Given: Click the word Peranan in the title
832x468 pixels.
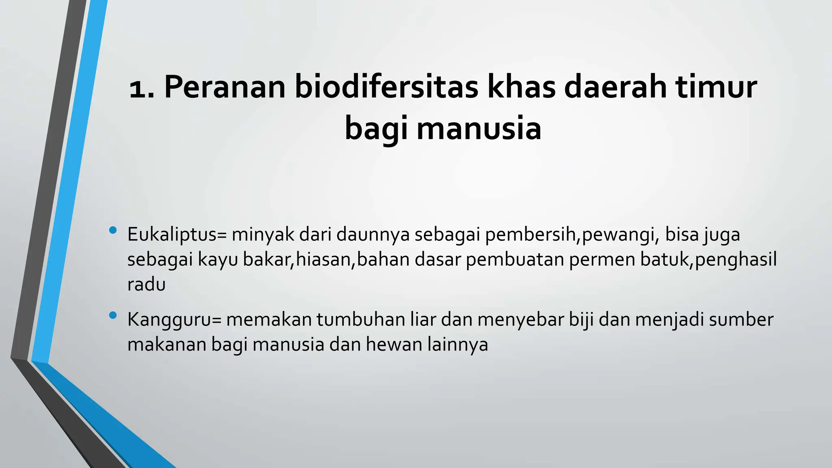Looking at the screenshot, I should coord(225,87).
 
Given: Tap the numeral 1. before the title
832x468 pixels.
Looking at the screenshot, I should coord(142,89).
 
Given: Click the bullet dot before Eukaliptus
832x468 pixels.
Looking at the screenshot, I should coord(113,231).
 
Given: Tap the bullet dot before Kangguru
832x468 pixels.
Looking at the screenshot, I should coord(113,315).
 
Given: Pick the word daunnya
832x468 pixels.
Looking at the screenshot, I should coord(373,235).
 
